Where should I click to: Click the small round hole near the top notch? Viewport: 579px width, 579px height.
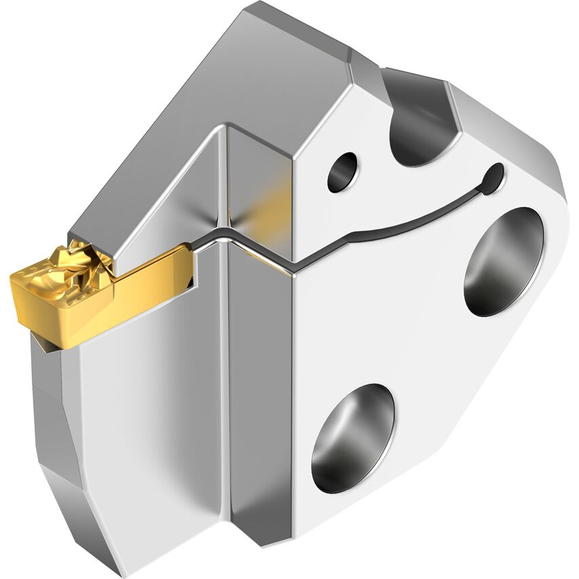point(342,171)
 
